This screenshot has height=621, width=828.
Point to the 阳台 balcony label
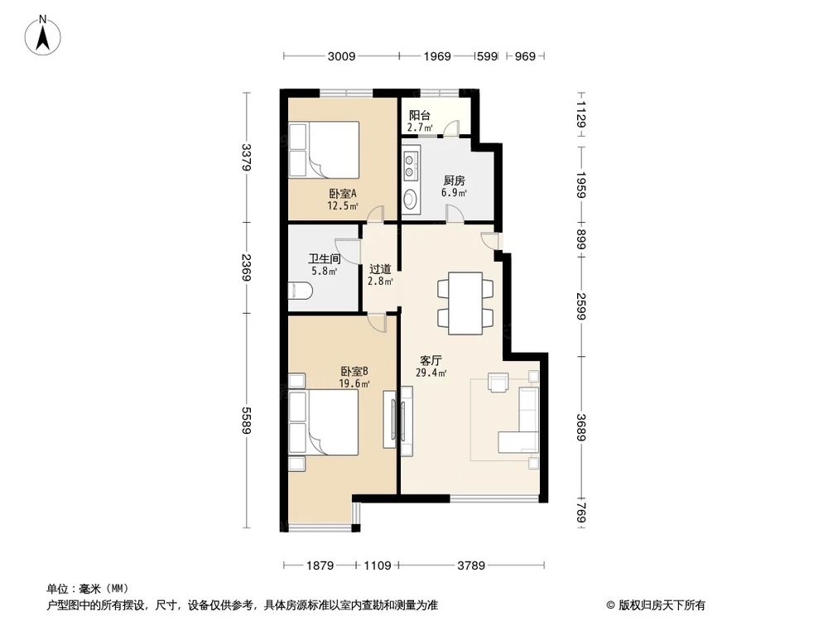point(420,116)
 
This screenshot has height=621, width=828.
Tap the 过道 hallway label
point(380,269)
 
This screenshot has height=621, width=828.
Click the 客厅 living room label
point(431,361)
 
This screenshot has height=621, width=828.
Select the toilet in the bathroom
point(300,291)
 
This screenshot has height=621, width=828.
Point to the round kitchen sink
point(411,200)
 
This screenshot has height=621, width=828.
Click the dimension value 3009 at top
point(341,56)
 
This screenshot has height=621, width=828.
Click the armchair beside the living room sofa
point(498,383)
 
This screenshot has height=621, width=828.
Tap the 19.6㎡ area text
point(354,383)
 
